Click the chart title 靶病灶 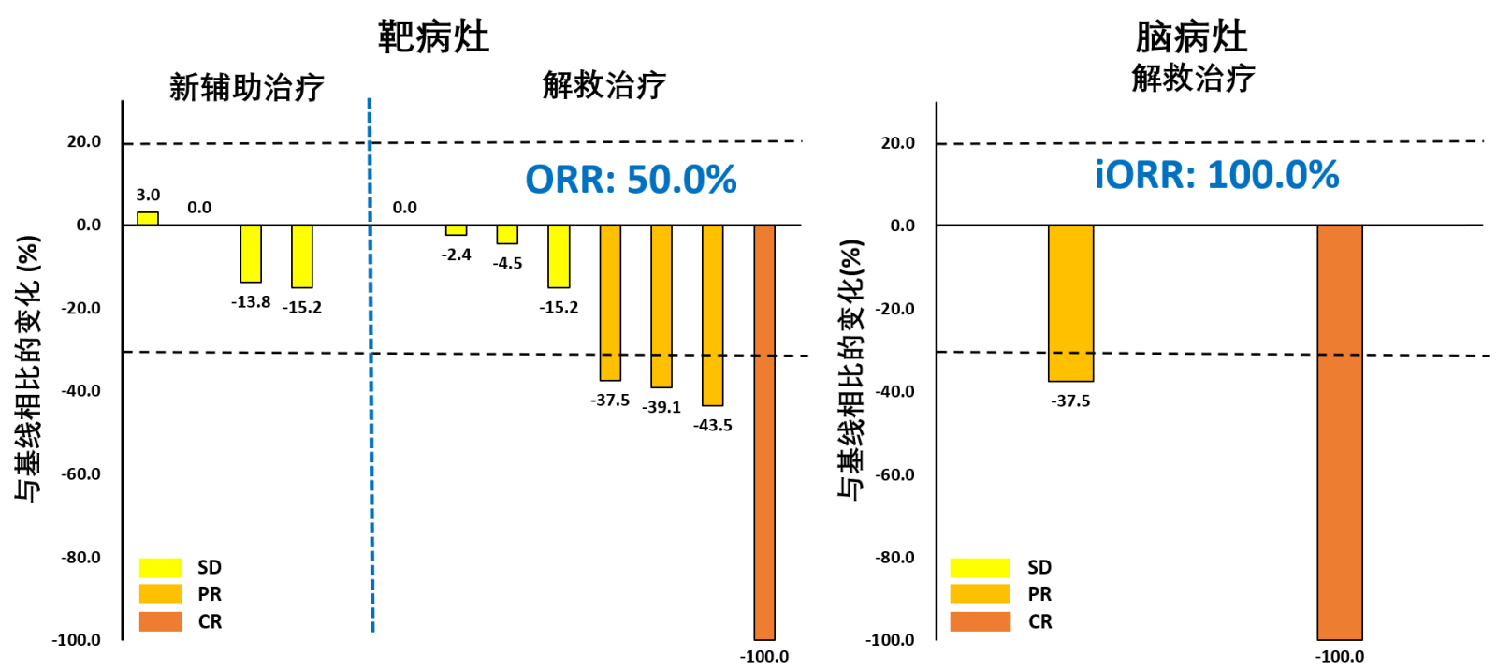click(433, 37)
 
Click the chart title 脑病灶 click(1191, 37)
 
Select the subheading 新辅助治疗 click(246, 87)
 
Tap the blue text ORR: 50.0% click(631, 180)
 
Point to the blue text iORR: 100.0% click(1216, 175)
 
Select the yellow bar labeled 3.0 click(148, 219)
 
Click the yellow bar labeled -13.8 click(251, 254)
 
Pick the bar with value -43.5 click(712, 315)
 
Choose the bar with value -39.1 click(661, 306)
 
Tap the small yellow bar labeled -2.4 click(456, 230)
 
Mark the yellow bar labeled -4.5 click(507, 235)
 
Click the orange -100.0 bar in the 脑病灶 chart click(1340, 432)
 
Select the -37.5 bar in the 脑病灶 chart click(1070, 303)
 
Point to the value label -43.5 click(712, 426)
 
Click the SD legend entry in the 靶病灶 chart click(182, 567)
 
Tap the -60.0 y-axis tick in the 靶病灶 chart click(81, 474)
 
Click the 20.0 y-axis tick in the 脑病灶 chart click(897, 143)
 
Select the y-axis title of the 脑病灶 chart click(850, 370)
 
